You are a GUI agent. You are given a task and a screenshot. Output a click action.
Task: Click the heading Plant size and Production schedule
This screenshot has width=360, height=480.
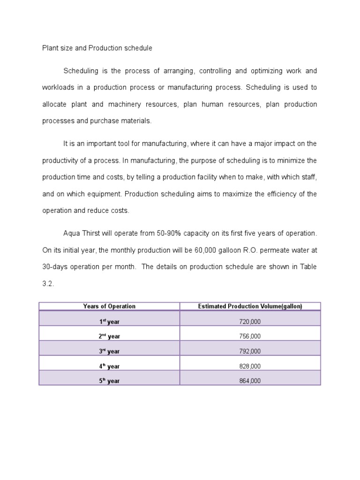[97, 48]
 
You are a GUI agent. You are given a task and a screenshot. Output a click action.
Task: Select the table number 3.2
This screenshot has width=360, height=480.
[48, 283]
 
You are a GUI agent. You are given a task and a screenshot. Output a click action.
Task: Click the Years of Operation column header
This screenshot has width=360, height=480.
[109, 306]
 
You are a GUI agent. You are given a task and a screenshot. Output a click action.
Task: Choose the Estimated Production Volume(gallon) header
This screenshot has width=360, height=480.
[250, 306]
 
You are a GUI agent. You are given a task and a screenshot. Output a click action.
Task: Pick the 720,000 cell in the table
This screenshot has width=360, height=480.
[250, 322]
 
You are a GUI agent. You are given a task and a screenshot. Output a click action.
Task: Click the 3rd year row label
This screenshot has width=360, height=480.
[109, 351]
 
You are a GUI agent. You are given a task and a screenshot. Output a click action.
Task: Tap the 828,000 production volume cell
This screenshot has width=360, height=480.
[250, 366]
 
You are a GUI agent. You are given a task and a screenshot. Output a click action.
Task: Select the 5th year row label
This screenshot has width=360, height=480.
[109, 381]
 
